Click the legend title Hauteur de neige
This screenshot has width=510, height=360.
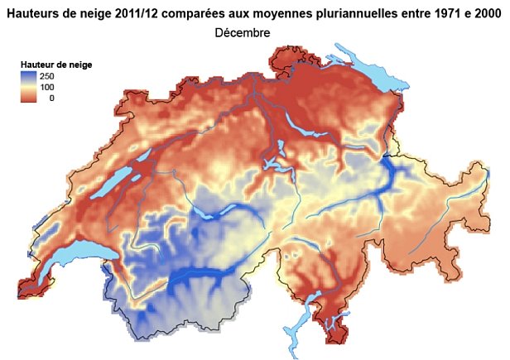click(56, 64)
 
